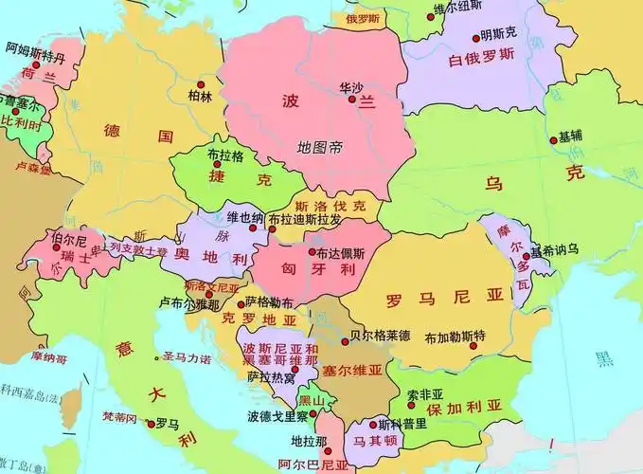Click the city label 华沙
click(350, 87)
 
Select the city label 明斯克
click(498, 34)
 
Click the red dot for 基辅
click(554, 140)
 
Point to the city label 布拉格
click(224, 155)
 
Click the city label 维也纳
click(245, 217)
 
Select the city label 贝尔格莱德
click(379, 335)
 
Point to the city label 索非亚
click(425, 393)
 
